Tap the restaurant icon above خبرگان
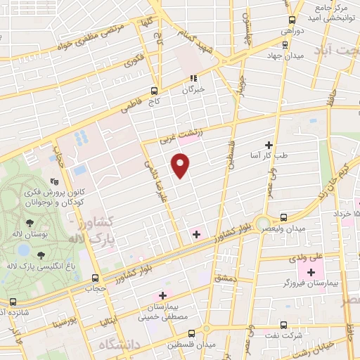click(x=192, y=79)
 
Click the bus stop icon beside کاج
click(x=154, y=91)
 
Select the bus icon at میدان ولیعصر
click(x=283, y=217)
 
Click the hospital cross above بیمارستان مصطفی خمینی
click(x=163, y=295)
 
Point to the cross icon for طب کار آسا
click(x=268, y=145)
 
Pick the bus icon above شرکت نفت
click(x=283, y=325)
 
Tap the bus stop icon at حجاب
click(x=96, y=277)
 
